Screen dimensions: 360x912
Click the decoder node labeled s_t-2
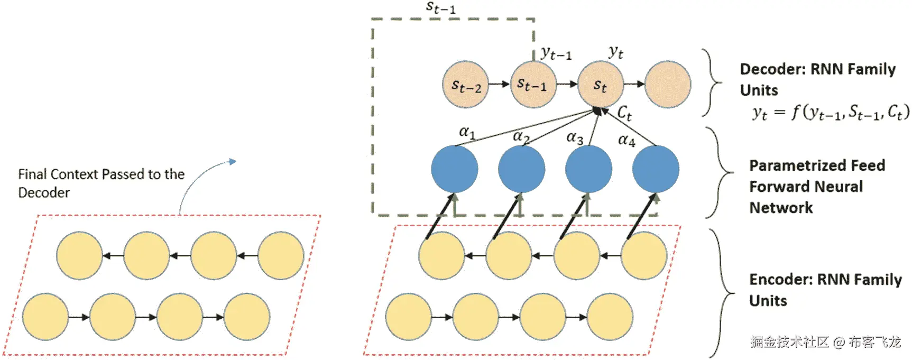click(x=466, y=85)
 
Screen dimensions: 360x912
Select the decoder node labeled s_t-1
click(x=533, y=85)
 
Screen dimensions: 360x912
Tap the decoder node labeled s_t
click(x=601, y=85)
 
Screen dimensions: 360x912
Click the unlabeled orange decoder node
click(x=668, y=85)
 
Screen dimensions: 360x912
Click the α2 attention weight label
click(x=521, y=136)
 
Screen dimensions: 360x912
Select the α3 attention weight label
click(x=575, y=138)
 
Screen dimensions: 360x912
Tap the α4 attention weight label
click(x=627, y=140)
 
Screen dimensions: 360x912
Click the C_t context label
click(x=624, y=113)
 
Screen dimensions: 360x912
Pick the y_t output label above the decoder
click(x=616, y=52)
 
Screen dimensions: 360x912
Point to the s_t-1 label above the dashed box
click(x=440, y=8)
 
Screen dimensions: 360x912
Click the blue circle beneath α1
click(x=455, y=169)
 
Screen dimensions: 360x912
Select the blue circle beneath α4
click(x=656, y=169)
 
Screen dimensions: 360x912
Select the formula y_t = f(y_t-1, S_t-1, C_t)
click(x=831, y=113)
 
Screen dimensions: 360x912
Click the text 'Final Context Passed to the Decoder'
click(x=101, y=183)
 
